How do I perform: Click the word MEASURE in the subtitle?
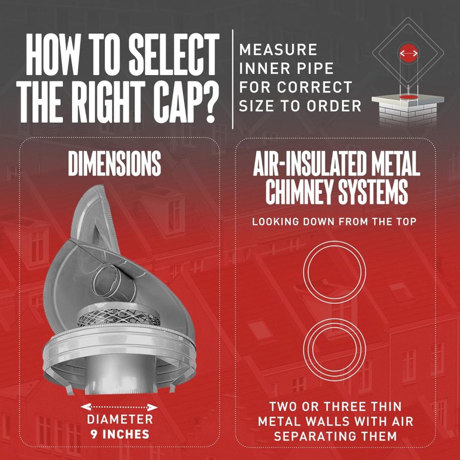point(278,50)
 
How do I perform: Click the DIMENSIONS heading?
point(114,165)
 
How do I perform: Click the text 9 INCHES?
point(120,434)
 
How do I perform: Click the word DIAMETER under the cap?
point(120,420)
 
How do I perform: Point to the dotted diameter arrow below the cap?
point(120,407)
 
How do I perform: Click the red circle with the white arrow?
point(408,53)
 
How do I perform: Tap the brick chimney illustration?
point(407,110)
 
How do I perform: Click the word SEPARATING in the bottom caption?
point(335,436)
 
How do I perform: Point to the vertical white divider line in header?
point(233,79)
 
